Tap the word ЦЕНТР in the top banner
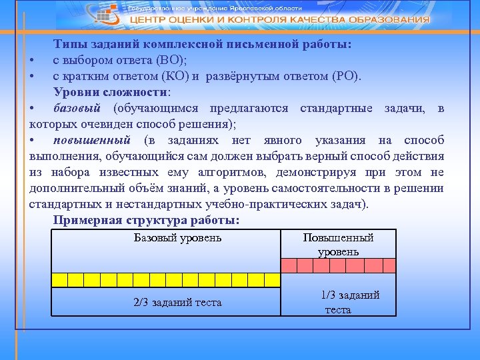(x=150, y=20)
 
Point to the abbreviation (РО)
(x=345, y=75)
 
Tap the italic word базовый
(x=77, y=108)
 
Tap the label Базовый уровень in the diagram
(x=178, y=237)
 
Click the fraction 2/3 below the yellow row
(x=141, y=303)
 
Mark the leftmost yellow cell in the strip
(x=59, y=279)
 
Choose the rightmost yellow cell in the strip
(x=271, y=279)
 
